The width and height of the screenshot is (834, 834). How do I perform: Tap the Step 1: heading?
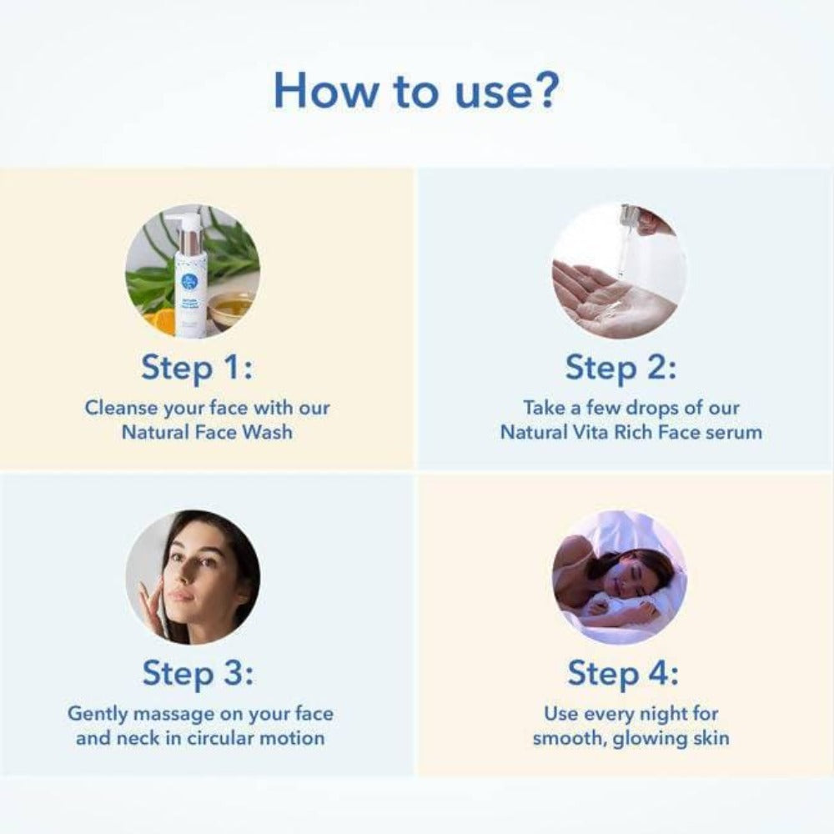197,368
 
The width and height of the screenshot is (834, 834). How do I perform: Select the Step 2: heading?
620,368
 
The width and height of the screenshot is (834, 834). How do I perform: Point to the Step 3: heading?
198,673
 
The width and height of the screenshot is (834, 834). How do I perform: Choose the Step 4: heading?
623,673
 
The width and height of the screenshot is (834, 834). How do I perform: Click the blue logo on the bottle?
188,280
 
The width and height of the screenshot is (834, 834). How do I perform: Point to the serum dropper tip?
620,274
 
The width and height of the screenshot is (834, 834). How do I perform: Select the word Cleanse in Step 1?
121,408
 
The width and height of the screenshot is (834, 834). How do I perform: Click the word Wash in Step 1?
267,432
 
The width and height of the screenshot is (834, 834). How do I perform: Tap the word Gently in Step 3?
98,714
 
